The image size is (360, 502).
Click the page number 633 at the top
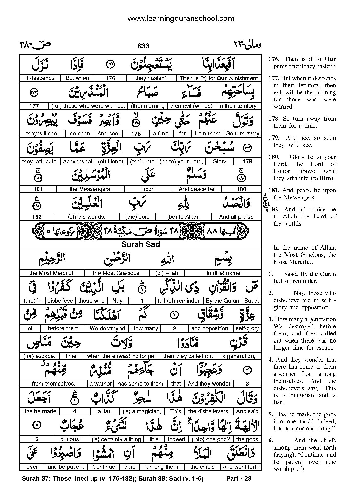[143, 46]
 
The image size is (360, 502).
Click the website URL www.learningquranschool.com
[181, 18]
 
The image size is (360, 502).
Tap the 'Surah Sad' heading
[140, 244]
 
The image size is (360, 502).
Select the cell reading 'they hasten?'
[151, 78]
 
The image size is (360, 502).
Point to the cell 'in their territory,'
[238, 106]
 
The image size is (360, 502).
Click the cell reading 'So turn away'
[243, 133]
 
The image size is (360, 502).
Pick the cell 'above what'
[78, 161]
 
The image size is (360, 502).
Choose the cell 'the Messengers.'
[90, 189]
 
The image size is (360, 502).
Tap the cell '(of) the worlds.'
[86, 217]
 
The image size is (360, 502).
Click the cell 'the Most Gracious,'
[116, 273]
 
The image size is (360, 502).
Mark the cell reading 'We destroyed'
[107, 328]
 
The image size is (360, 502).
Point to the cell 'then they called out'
[188, 356]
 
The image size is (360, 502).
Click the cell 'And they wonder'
[209, 383]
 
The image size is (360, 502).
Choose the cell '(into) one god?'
[211, 439]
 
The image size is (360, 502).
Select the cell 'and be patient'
[66, 467]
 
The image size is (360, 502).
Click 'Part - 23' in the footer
[239, 478]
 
